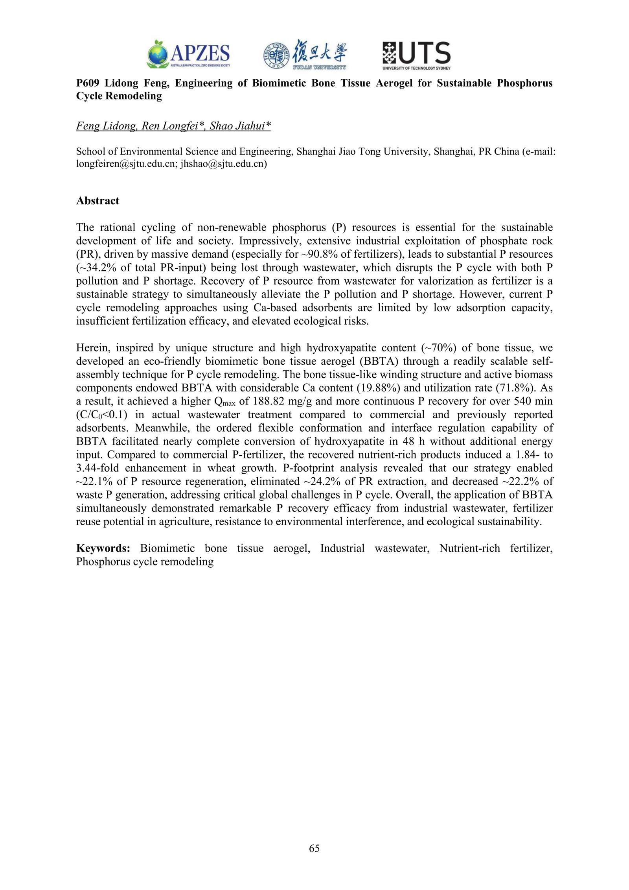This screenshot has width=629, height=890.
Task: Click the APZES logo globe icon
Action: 158,54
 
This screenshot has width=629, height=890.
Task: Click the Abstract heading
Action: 97,201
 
